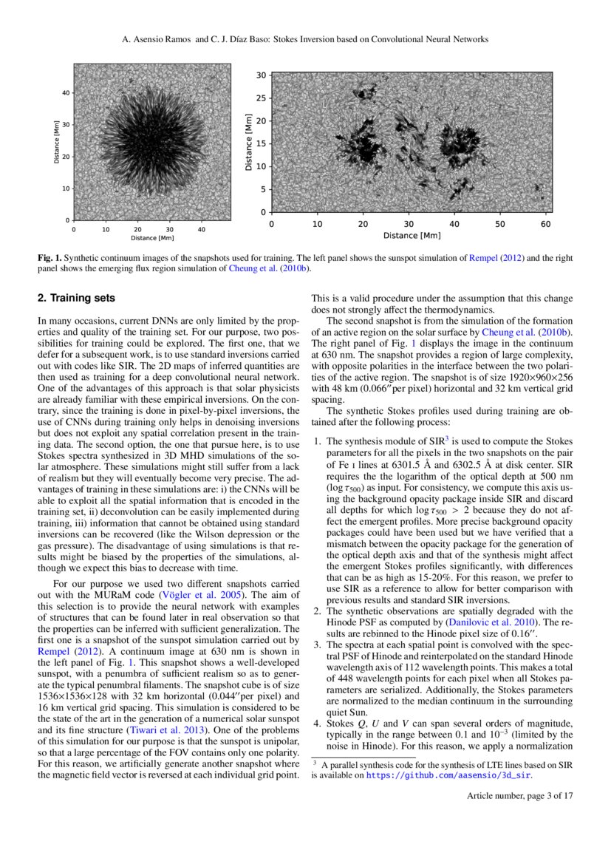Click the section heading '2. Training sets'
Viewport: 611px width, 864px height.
(x=77, y=299)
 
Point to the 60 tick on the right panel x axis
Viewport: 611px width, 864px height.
(x=545, y=223)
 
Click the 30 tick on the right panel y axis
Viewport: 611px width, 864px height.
(x=261, y=75)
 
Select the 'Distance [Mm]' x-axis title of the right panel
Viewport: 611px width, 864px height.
(x=412, y=236)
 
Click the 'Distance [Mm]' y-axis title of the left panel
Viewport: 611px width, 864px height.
(x=56, y=143)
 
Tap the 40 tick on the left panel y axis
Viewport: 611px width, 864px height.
(x=65, y=92)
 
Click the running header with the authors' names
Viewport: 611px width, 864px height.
(x=305, y=38)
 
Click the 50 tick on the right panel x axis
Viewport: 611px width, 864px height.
(x=499, y=223)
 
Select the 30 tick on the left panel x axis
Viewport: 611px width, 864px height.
(x=169, y=230)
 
